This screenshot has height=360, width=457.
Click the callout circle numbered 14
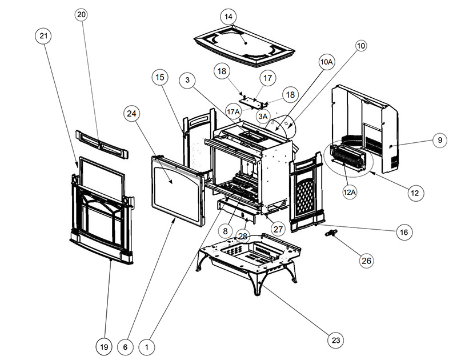click(x=228, y=17)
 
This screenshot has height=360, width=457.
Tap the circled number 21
click(x=44, y=35)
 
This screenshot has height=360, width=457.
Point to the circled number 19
click(x=103, y=346)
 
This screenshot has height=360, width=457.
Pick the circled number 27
click(x=278, y=229)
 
